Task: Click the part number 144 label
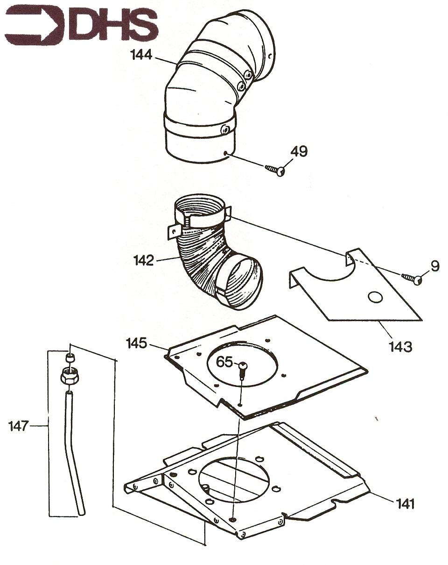point(142,55)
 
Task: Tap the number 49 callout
point(299,151)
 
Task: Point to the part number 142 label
point(143,260)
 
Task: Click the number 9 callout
point(434,266)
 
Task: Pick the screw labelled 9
point(413,279)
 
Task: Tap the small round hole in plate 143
point(376,296)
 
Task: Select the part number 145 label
point(137,343)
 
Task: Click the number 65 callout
point(224,362)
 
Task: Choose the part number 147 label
point(19,426)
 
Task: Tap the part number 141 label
point(405,503)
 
